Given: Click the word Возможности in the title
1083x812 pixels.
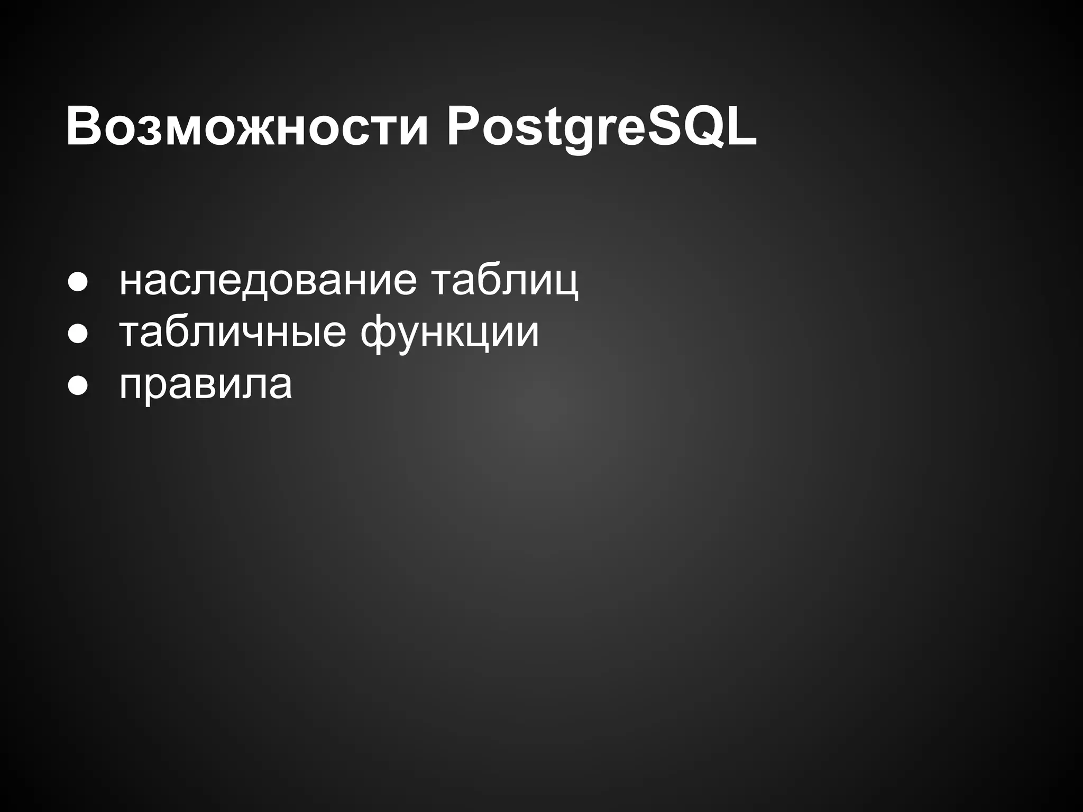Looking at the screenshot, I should point(246,128).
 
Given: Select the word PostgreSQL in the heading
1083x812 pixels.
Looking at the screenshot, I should point(602,128).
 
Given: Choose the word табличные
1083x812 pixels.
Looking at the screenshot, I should point(233,333).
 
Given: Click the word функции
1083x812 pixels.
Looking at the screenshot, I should point(449,333).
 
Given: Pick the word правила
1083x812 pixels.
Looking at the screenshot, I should point(206,384).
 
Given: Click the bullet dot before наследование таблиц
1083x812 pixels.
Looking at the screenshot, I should point(77,283).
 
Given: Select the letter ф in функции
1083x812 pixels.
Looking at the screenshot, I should point(380,334).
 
